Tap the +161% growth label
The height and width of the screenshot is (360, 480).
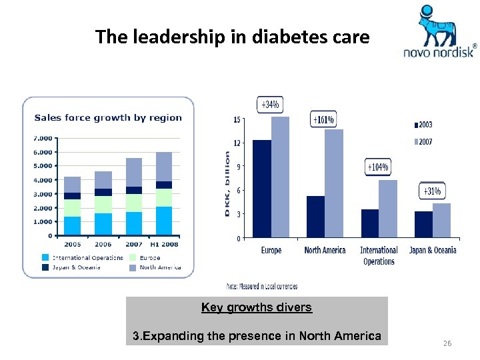pos(323,120)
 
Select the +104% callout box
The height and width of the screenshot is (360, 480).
pos(378,167)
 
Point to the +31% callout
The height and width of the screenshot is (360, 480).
pos(432,191)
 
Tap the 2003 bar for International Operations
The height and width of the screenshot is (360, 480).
pos(369,223)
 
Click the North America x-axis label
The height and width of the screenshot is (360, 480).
pos(325,250)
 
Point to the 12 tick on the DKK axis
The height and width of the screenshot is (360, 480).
pos(237,143)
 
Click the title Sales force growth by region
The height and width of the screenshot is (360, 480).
pos(108,118)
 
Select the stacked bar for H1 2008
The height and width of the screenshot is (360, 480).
pos(163,193)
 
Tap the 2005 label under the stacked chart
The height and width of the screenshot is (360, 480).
pos(72,245)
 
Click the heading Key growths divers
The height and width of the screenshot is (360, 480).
pos(257,307)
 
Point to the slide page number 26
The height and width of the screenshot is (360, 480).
pos(447,343)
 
